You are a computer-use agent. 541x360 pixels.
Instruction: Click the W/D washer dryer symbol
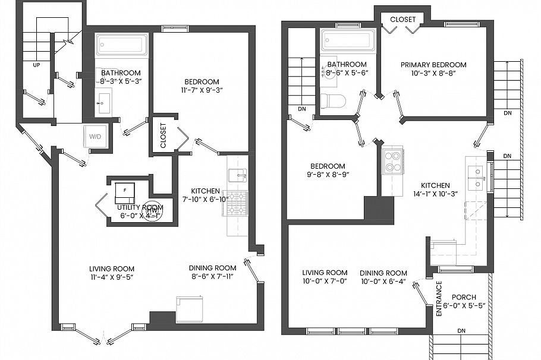[x=95, y=137]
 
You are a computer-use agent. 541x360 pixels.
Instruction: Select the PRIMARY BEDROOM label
[x=433, y=65]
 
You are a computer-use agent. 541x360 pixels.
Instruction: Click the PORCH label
[x=464, y=297]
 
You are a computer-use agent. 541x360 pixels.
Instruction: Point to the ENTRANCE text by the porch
[x=439, y=298]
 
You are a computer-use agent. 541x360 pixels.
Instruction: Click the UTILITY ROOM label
[x=140, y=207]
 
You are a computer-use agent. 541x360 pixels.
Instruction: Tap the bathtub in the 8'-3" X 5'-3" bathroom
[x=122, y=45]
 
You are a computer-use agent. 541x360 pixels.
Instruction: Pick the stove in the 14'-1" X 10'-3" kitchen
[x=392, y=162]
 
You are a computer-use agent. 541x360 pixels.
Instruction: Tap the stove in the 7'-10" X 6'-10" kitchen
[x=238, y=203]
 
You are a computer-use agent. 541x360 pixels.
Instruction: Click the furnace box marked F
[x=124, y=191]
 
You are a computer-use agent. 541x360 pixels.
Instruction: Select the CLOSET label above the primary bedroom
[x=402, y=20]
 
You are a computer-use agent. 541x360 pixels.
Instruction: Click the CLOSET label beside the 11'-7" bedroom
[x=163, y=135]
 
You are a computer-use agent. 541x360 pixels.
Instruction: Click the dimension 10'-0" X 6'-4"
[x=383, y=282]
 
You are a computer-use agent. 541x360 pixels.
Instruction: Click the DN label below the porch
[x=461, y=330]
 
